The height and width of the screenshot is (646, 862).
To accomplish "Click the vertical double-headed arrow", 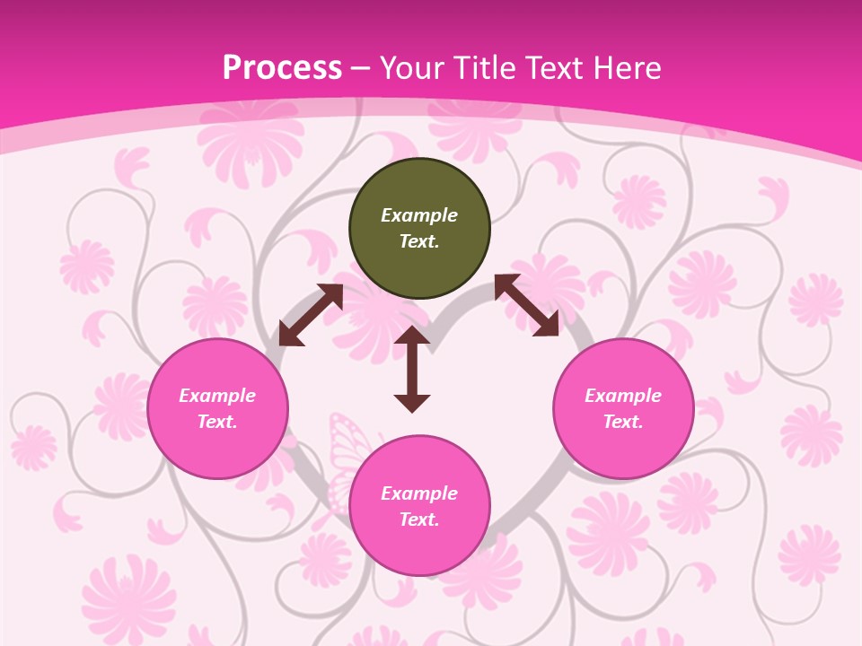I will [x=412, y=369].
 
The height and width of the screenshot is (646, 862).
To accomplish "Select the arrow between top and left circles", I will [x=311, y=315].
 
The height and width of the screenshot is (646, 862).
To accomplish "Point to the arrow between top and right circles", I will [x=526, y=305].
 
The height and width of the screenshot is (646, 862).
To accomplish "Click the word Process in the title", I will [x=282, y=67].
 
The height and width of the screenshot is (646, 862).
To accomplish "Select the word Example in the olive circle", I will [x=419, y=215].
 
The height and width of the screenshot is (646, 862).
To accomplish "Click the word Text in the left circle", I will [x=217, y=422].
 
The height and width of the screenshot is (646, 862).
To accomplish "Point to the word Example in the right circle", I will [x=623, y=396].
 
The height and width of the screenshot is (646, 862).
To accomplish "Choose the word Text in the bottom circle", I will [x=419, y=519].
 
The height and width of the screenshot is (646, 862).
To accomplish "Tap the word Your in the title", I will [x=410, y=67].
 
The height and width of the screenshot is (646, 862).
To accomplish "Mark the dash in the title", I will [x=361, y=68].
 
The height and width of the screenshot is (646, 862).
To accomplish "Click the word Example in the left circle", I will [x=217, y=396].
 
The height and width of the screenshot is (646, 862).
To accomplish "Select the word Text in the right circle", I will [x=623, y=422].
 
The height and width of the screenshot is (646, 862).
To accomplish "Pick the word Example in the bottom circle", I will [x=419, y=493].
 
